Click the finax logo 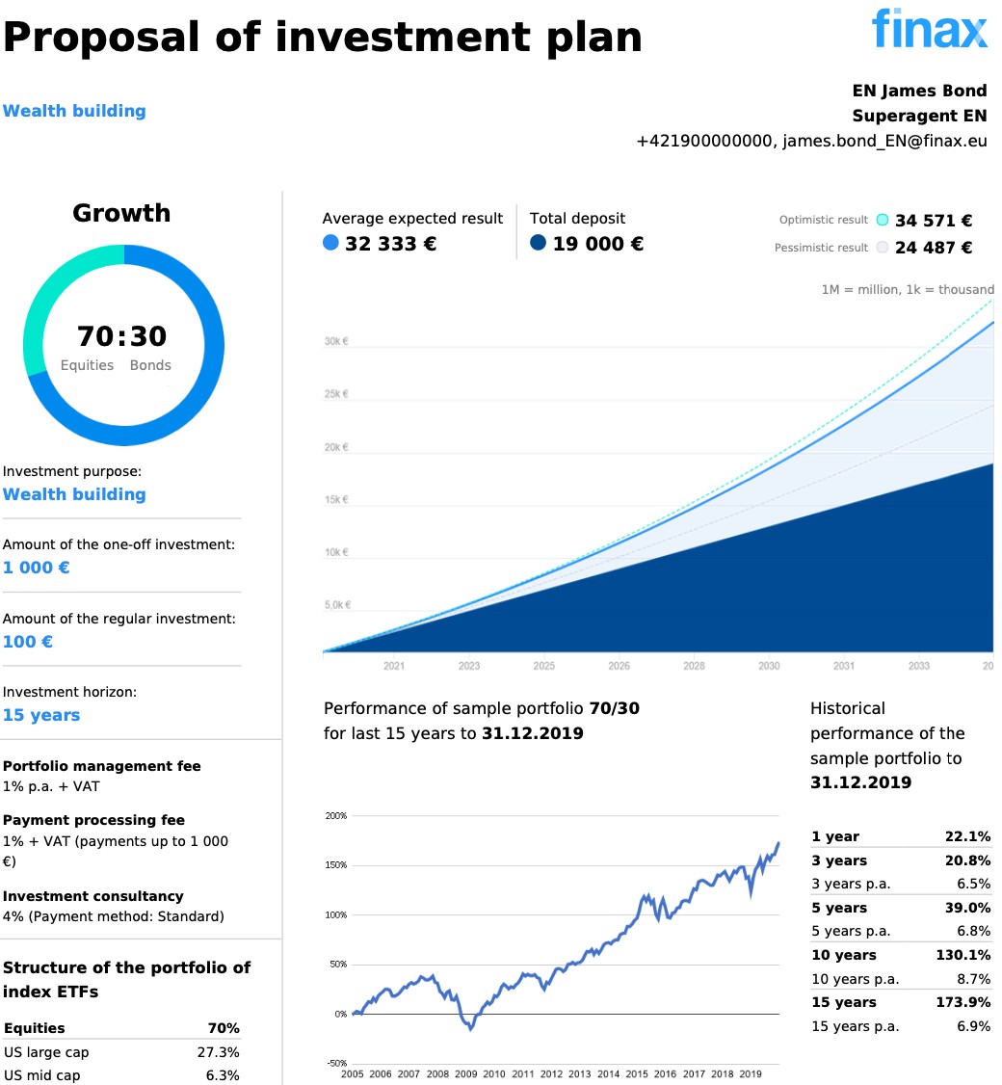(930, 29)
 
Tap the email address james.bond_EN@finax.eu (884, 141)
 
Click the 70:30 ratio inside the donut (122, 336)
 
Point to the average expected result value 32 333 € (390, 244)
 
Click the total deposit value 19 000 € (597, 244)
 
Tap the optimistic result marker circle (883, 221)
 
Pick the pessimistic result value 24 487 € (934, 248)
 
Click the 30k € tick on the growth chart (336, 341)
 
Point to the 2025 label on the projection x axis (544, 666)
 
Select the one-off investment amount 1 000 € (37, 568)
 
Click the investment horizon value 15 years (41, 715)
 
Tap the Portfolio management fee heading (102, 766)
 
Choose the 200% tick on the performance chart (335, 816)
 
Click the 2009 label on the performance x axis (466, 1073)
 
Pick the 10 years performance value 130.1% (964, 955)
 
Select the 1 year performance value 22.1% (968, 836)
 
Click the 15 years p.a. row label (856, 1026)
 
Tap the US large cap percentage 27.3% (219, 1052)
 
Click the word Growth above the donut (121, 213)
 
